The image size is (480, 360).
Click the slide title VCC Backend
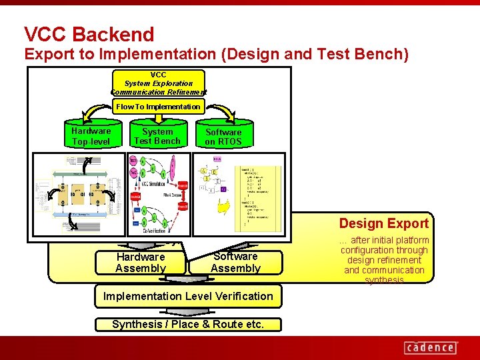click(89, 34)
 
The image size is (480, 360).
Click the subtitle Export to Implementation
click(217, 54)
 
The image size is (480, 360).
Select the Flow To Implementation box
click(158, 107)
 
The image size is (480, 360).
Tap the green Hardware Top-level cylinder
click(91, 136)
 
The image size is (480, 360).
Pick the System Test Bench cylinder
click(157, 136)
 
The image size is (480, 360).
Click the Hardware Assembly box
click(140, 262)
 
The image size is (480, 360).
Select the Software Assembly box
click(235, 262)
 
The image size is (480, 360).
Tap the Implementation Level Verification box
click(188, 296)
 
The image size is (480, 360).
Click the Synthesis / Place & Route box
click(188, 325)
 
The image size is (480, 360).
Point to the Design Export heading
click(383, 223)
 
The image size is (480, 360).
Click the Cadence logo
click(431, 347)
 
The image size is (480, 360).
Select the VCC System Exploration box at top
click(159, 83)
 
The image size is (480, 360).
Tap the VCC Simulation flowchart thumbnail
click(158, 193)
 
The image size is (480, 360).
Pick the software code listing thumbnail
click(237, 193)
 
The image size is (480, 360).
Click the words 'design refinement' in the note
click(384, 260)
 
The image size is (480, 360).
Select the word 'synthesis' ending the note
click(384, 280)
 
